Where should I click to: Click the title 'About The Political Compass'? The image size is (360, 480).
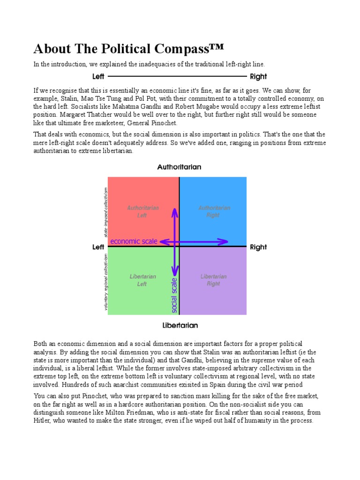pyautogui.click(x=128, y=49)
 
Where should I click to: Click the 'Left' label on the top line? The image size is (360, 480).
pyautogui.click(x=98, y=76)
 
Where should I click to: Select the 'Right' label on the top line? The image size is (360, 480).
pyautogui.click(x=258, y=76)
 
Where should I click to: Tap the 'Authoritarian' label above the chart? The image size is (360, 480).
pyautogui.click(x=179, y=167)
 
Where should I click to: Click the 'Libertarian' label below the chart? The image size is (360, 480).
pyautogui.click(x=180, y=325)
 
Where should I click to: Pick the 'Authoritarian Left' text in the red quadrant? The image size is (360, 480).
pyautogui.click(x=142, y=211)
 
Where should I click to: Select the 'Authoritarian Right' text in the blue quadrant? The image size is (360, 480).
pyautogui.click(x=213, y=211)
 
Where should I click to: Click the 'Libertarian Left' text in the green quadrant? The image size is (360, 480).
pyautogui.click(x=142, y=280)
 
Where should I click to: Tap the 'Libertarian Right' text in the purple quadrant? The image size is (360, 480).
pyautogui.click(x=213, y=280)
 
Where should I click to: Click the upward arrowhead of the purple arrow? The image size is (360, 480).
pyautogui.click(x=174, y=212)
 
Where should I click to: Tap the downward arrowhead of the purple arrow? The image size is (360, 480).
pyautogui.click(x=174, y=272)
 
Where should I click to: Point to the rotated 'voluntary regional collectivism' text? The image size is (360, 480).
pyautogui.click(x=106, y=282)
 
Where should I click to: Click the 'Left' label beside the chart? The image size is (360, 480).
pyautogui.click(x=98, y=247)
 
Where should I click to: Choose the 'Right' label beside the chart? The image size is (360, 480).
pyautogui.click(x=258, y=247)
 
